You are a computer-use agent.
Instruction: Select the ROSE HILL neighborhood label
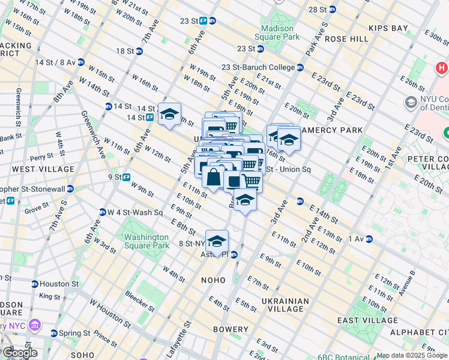[347, 38]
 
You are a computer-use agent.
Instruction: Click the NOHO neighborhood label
[213, 280]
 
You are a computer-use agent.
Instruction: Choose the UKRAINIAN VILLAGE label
[285, 305]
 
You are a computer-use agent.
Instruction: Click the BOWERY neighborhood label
[231, 329]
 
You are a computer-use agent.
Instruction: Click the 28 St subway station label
[318, 10]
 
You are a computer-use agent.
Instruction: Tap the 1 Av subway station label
[357, 239]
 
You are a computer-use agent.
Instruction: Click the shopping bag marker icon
[213, 177]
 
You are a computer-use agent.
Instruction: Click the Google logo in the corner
[19, 353]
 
